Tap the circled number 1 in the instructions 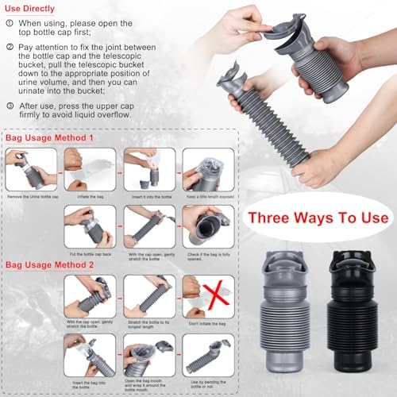pyautogui.click(x=10, y=25)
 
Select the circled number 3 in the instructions pyautogui.click(x=10, y=105)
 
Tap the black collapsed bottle pyautogui.click(x=348, y=309)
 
